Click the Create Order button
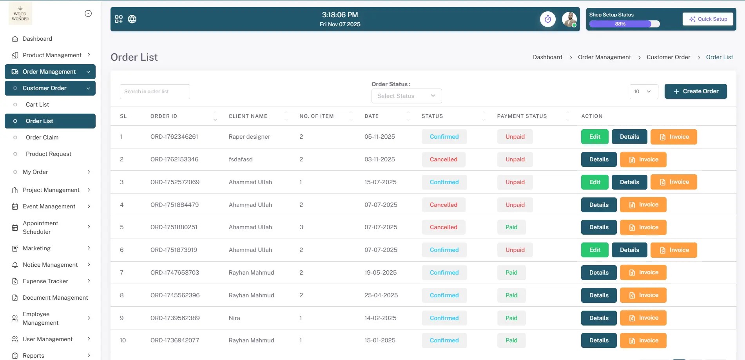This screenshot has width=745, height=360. coord(696,91)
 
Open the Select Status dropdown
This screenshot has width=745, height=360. coord(406,96)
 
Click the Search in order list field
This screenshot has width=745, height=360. coord(155,92)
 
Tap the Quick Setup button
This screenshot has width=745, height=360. coord(708,19)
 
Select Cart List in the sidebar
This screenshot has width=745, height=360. coord(37,105)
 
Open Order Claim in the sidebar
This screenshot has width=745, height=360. coord(42,137)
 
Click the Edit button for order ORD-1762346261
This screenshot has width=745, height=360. coord(595,137)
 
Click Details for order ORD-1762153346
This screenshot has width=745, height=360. coord(599,159)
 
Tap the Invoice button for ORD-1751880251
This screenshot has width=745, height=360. coord(643,227)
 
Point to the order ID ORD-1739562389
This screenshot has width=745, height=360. coord(175,318)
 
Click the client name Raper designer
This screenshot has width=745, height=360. coord(249,137)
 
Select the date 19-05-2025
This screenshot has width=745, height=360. coord(380,273)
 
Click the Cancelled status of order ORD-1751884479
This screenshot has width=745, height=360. coord(443,205)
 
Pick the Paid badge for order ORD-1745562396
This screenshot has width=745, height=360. coord(511,295)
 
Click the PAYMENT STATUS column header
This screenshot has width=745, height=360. coord(522,116)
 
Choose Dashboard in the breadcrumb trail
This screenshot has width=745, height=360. coord(547,57)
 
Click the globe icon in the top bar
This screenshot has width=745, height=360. coord(132,19)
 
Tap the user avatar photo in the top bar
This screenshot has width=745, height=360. coord(569,19)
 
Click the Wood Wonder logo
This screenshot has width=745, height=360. coord(20,14)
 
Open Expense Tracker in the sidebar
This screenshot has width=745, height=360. coord(45,281)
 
